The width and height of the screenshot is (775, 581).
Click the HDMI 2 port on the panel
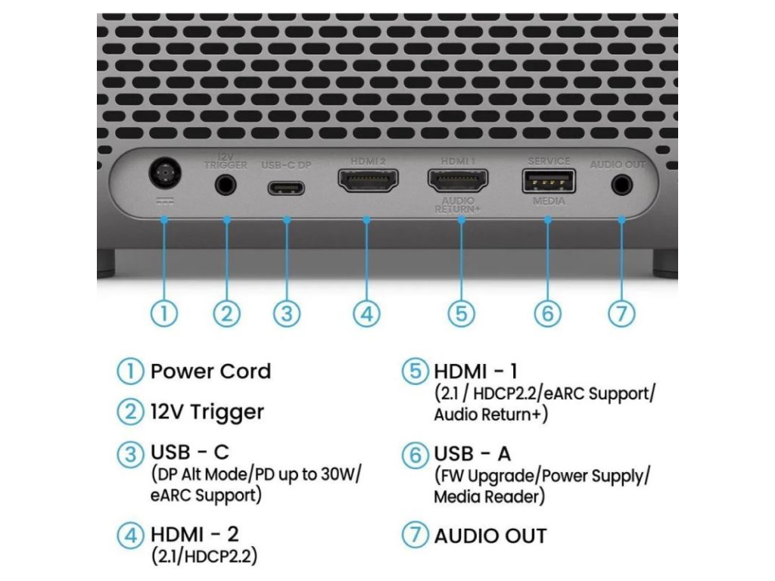point(367,182)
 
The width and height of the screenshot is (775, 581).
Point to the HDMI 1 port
point(459,181)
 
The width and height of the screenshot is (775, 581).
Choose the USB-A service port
point(548,182)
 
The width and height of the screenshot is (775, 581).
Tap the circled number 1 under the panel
point(164,313)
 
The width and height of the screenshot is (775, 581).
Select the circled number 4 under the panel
point(367,313)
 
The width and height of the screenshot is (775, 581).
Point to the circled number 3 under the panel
point(287,313)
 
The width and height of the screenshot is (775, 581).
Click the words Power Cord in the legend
point(210,371)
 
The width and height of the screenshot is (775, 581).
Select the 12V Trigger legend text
point(207,412)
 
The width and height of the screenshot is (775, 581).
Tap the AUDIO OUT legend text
point(490,536)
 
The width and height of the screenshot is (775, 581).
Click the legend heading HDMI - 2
point(195,534)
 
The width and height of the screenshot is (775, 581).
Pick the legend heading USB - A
point(472,454)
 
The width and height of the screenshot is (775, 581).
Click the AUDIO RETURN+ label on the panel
point(459,205)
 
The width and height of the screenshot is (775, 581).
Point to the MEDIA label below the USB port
point(548,201)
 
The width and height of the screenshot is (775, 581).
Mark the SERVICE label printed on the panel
point(548,161)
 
